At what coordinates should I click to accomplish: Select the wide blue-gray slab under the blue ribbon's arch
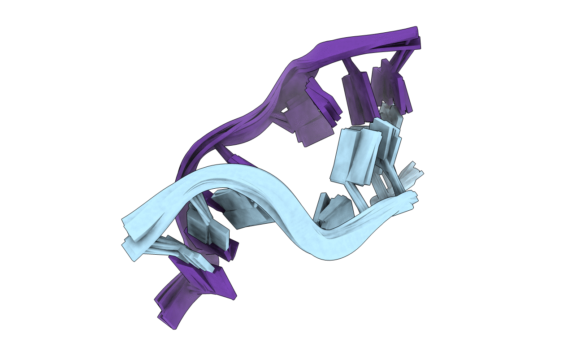pos(244,211)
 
